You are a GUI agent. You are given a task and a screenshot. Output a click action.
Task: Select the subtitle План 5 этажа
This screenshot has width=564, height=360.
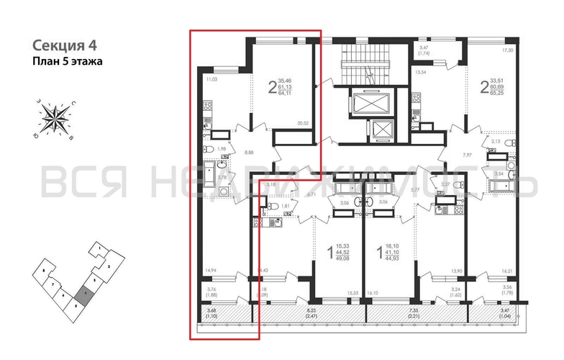[68, 62]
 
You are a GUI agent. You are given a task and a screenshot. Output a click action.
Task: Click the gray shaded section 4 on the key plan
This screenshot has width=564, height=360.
[86, 294]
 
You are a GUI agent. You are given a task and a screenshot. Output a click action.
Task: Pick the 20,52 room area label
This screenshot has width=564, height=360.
[302, 124]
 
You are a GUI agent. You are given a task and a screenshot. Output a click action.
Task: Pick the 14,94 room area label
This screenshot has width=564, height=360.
[211, 270]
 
